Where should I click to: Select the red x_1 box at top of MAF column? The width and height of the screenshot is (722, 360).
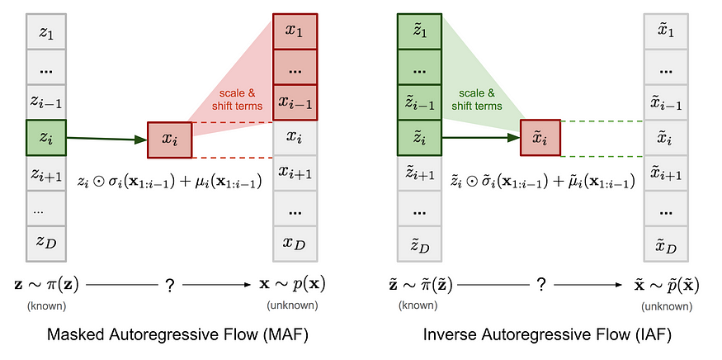[x=295, y=31]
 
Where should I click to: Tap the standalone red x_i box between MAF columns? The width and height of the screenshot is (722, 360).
[x=170, y=140]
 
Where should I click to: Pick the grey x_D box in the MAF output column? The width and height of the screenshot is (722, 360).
[x=295, y=244]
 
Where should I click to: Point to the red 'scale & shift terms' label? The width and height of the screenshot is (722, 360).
[x=240, y=99]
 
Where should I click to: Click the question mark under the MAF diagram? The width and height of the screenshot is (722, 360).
[x=170, y=284]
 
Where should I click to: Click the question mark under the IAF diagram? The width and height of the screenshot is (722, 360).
[x=541, y=284]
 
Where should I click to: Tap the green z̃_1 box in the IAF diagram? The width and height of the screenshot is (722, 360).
[x=420, y=31]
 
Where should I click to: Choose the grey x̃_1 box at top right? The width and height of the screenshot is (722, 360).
[x=667, y=31]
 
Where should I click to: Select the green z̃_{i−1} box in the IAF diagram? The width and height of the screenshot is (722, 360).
[x=420, y=102]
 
